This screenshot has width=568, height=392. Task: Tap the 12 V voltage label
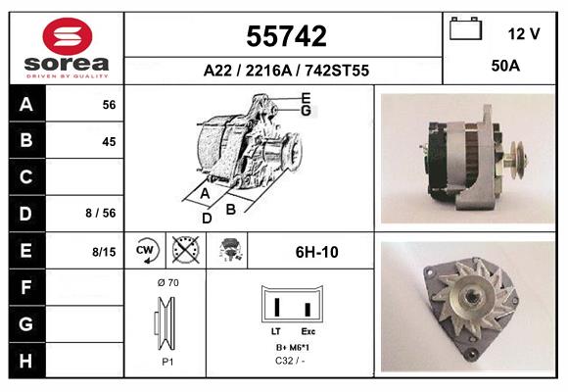click(x=524, y=33)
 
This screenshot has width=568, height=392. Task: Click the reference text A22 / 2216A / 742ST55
click(x=285, y=71)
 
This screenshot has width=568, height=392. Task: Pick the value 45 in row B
click(x=109, y=141)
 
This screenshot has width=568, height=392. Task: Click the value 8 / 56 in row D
click(x=101, y=212)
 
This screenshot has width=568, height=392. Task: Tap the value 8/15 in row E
click(x=103, y=252)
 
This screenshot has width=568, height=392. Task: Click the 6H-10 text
click(x=316, y=252)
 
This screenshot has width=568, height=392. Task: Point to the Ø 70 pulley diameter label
click(x=167, y=283)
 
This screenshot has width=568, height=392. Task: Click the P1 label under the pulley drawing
click(x=167, y=361)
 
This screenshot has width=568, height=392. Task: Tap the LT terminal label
click(x=277, y=332)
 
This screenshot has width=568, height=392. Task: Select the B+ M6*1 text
click(x=292, y=348)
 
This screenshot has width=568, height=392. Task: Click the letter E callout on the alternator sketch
click(x=306, y=97)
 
